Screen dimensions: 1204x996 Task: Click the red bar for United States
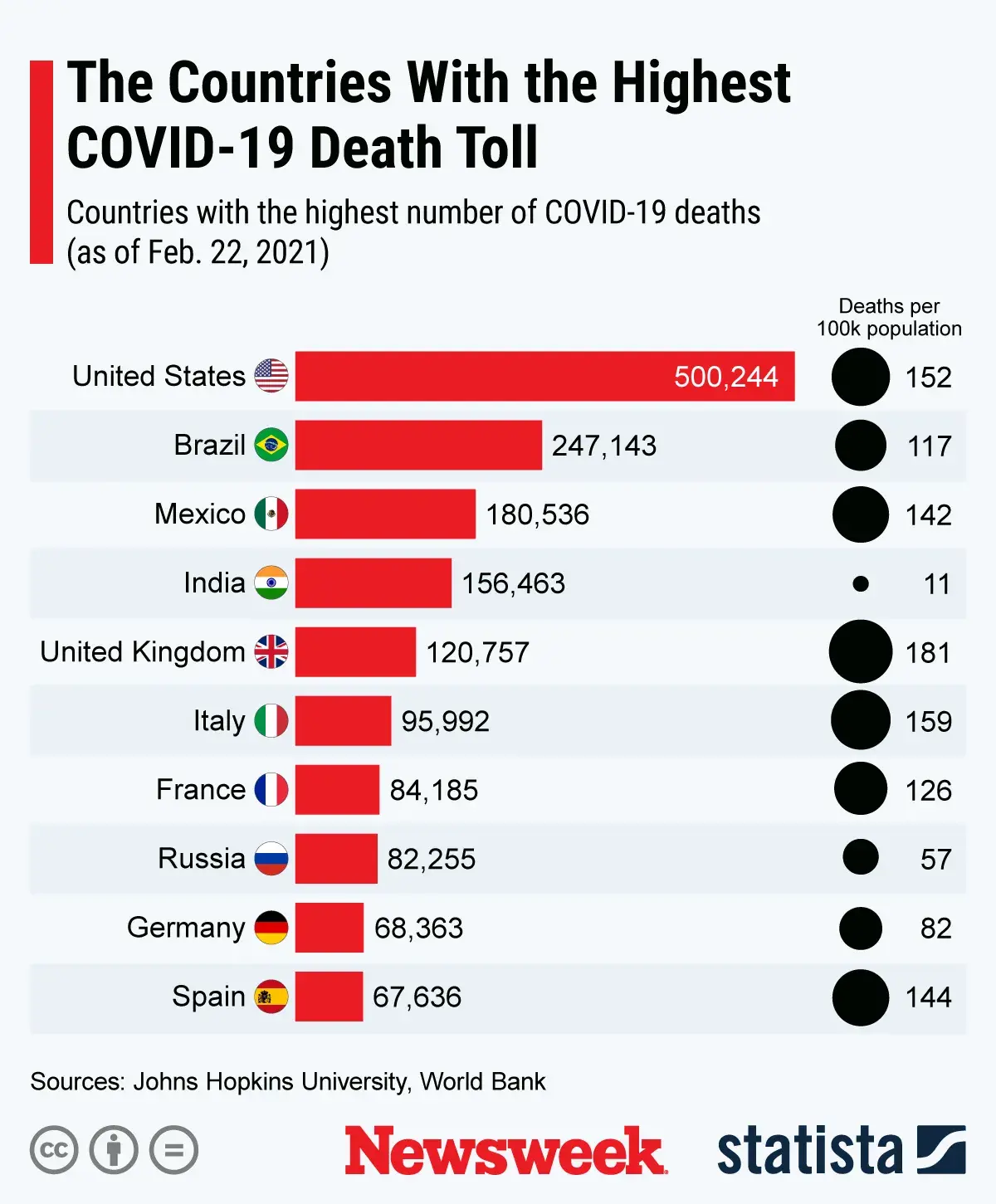coord(544,376)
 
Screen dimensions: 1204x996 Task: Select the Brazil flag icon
coord(271,445)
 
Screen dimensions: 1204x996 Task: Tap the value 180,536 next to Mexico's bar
coord(537,514)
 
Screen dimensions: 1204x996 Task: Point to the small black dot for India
coord(861,584)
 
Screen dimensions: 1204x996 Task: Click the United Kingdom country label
coord(142,652)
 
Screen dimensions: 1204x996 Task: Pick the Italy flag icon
coord(271,720)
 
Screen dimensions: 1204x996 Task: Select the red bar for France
coord(337,789)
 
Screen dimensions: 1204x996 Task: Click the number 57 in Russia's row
coord(935,859)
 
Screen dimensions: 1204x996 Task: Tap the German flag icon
coord(271,927)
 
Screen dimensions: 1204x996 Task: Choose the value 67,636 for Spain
coord(417,997)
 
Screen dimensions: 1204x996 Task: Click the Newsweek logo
coord(505,1150)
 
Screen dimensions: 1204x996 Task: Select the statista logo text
coord(809,1150)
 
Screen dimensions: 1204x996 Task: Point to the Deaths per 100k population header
coord(889,318)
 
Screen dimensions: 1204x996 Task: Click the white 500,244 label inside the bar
coord(725,377)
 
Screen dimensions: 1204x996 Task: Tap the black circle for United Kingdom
coord(861,652)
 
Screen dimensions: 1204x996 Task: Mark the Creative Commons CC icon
coord(54,1150)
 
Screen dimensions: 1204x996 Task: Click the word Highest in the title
coord(701,83)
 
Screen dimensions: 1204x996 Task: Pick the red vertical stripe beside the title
coord(41,162)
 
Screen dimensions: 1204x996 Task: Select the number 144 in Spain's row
coord(928,997)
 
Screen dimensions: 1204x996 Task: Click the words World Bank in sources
coord(482,1082)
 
